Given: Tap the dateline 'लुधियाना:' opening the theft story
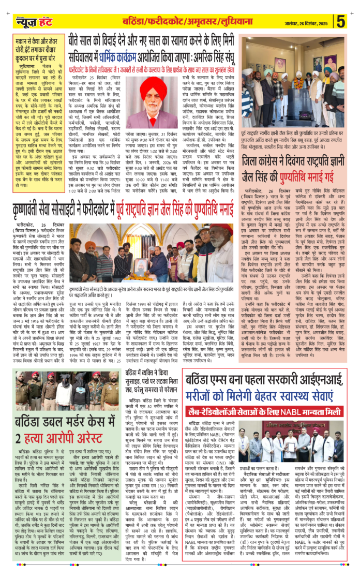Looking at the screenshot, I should tap(22, 66).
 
